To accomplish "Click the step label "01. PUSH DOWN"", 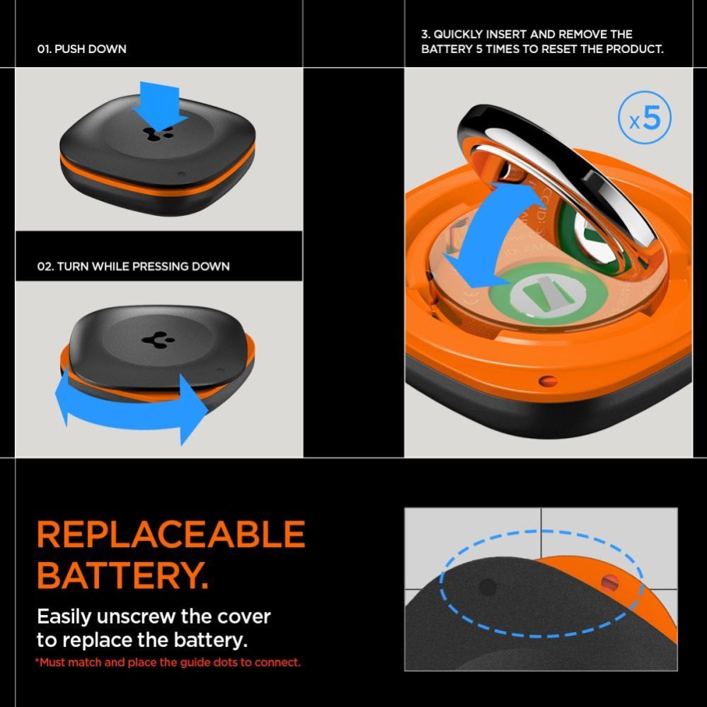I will tap(81, 50).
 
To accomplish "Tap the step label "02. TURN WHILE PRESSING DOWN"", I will tap(133, 266).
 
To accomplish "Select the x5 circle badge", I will tap(645, 120).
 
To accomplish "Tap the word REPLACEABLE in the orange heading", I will tap(171, 534).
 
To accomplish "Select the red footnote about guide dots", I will tap(168, 662).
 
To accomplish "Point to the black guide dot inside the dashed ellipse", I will tap(488, 586).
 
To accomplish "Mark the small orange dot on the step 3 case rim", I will tap(548, 381).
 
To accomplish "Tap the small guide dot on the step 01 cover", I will tap(182, 173).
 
